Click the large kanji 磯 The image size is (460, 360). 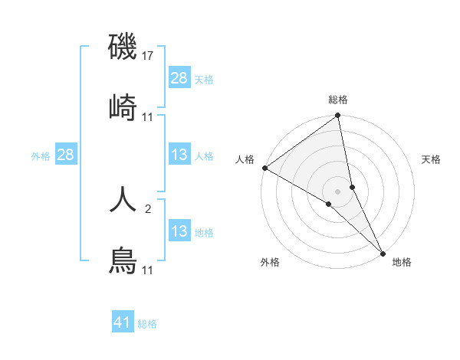point(123,47)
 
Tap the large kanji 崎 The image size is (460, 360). point(123,108)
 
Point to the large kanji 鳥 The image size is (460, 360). point(123,261)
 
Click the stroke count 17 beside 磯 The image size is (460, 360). point(149,56)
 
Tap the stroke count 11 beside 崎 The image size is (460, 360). point(148,116)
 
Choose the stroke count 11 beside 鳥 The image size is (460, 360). point(148,270)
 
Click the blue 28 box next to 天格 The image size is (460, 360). point(179,78)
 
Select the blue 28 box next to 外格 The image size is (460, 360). point(65,155)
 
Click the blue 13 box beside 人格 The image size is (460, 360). point(179,155)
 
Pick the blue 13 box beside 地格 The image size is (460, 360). point(179,231)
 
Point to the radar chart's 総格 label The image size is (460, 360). point(338,100)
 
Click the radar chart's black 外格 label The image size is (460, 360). point(270,262)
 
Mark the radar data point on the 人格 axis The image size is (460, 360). point(264,168)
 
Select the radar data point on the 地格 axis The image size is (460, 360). point(383,253)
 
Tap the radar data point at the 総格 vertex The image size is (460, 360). point(338,116)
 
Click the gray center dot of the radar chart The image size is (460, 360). point(338,191)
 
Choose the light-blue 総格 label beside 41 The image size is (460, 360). point(147,324)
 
